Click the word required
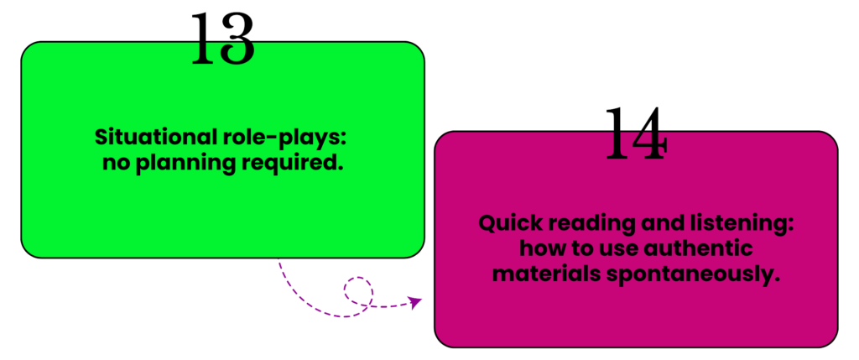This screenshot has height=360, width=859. [x=295, y=163]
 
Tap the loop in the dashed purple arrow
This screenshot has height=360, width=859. [x=357, y=290]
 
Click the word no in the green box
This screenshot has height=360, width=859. [x=112, y=163]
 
